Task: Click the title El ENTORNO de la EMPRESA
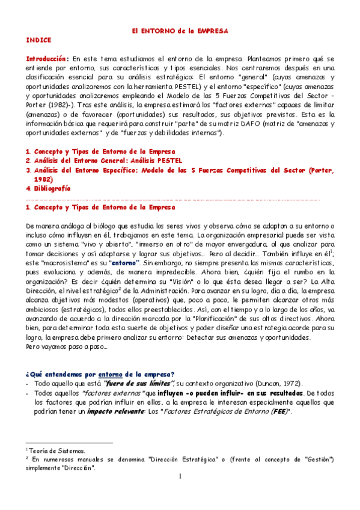click(181, 29)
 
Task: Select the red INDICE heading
click(38, 40)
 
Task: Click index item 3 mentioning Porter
click(180, 170)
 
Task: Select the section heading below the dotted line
click(101, 207)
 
